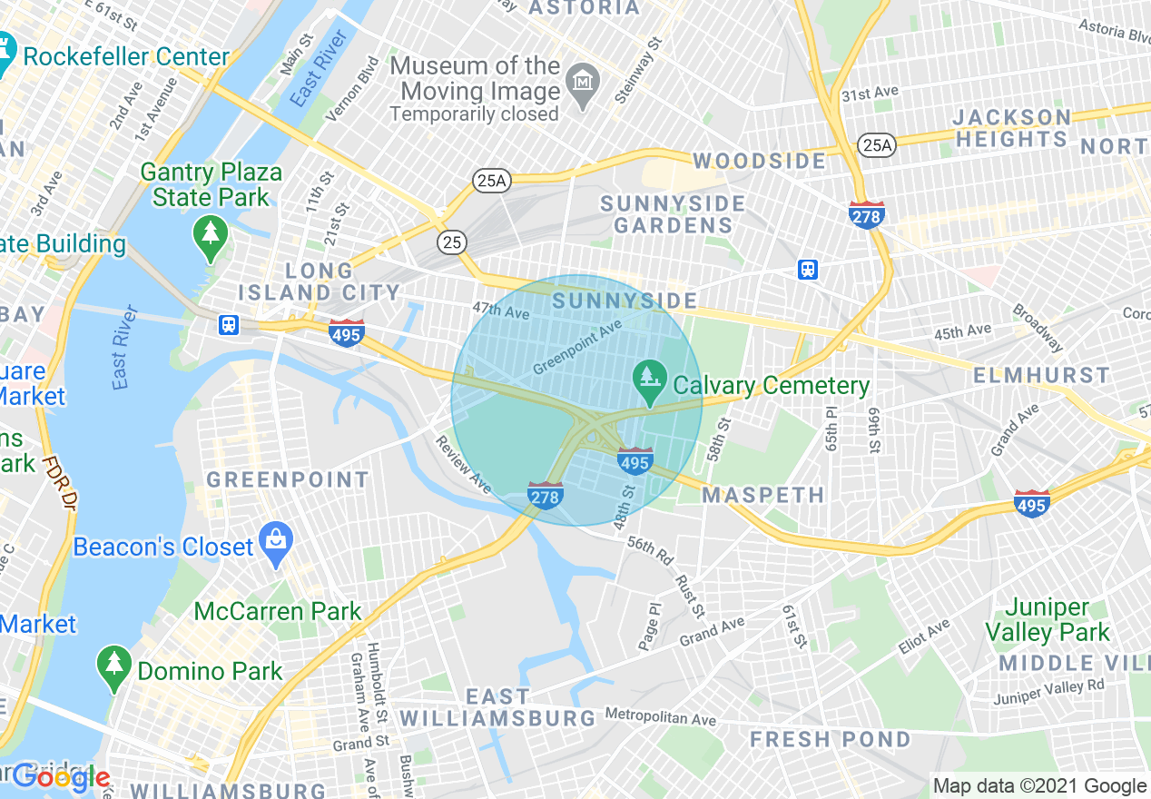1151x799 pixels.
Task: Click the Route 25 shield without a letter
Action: tap(451, 242)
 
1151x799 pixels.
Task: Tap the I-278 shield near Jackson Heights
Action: tap(867, 214)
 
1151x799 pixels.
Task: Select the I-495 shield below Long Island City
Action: tap(347, 332)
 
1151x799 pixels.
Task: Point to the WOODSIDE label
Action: tap(760, 162)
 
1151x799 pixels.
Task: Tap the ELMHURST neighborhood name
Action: tap(1041, 375)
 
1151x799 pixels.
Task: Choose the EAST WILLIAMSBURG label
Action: tap(497, 707)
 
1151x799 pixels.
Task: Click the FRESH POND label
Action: tap(830, 740)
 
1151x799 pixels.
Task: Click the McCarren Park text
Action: tap(278, 611)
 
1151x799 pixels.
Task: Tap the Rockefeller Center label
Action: tap(126, 56)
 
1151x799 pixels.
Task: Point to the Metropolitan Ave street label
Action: tap(660, 717)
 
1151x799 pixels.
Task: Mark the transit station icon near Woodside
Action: tap(808, 270)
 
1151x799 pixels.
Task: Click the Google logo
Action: tap(61, 778)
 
